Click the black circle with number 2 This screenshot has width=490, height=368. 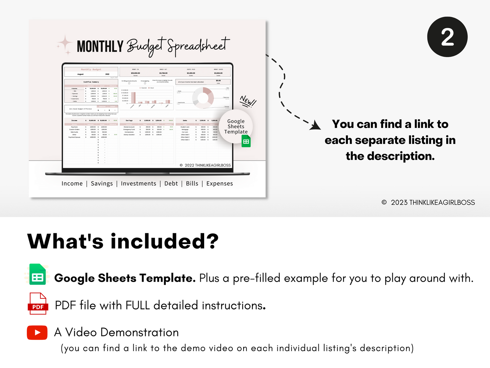447,37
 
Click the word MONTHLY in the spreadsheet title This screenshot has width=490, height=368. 100,47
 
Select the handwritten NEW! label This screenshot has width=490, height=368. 248,101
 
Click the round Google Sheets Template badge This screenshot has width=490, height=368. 236,127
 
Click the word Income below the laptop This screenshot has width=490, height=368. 72,184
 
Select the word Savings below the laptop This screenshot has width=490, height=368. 102,184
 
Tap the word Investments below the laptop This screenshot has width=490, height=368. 138,184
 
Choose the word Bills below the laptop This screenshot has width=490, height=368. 192,184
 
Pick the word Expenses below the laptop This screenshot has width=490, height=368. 219,184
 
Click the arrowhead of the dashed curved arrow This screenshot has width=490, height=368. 316,125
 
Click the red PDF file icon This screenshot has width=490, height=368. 37,303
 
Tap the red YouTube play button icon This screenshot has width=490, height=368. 37,333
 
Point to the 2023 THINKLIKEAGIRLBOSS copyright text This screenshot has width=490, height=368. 429,203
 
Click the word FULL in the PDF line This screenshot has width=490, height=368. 137,306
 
